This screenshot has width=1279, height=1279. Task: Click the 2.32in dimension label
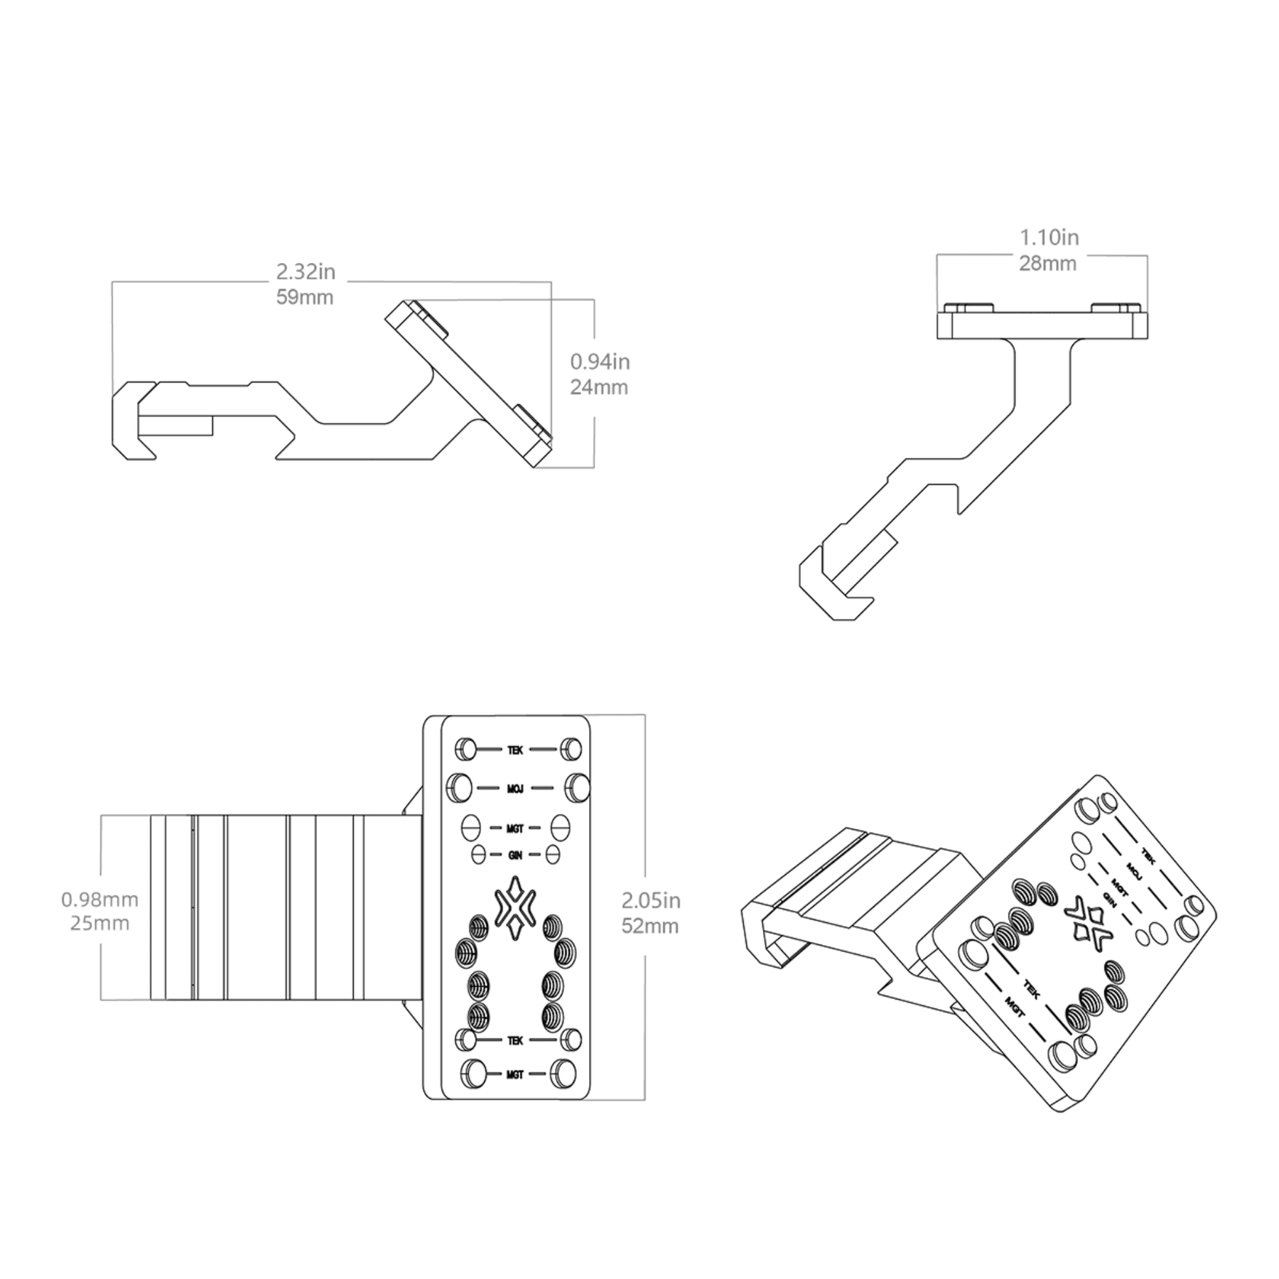coord(306,271)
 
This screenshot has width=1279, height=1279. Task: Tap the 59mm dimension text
coord(305,297)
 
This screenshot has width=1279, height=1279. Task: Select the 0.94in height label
coord(600,362)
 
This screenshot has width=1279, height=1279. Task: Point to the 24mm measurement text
coord(599,387)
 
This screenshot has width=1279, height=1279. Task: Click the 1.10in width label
coord(1049,237)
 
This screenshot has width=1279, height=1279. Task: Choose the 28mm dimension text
coord(1048,264)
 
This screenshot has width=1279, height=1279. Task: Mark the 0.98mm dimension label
coord(99,900)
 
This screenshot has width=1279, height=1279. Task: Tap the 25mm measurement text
coord(99,924)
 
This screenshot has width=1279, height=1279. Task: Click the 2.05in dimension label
coord(651,900)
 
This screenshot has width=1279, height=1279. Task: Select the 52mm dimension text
coord(650,926)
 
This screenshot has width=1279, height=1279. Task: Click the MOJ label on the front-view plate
coord(516,788)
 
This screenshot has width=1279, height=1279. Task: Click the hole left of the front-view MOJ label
coord(459,787)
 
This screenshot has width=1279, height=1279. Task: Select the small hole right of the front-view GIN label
coord(553,854)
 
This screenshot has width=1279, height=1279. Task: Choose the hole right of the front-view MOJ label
coord(577,787)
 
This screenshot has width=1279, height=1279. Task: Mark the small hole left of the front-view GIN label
coord(479,854)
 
